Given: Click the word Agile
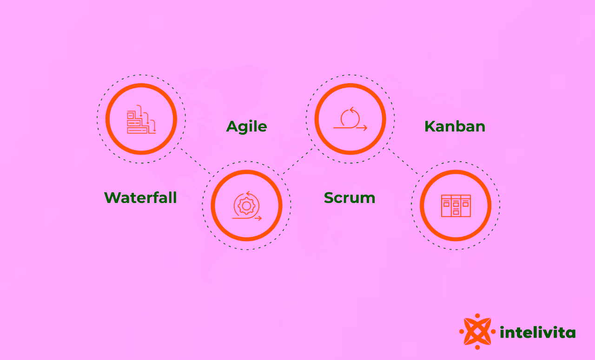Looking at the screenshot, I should coord(246,127).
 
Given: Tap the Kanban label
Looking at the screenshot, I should coord(455,126).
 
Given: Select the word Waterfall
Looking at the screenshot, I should coord(140,198).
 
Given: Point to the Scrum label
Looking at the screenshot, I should coord(350,198).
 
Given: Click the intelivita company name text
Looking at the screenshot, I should coord(537,333).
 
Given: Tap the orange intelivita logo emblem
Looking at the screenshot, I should coord(477,332).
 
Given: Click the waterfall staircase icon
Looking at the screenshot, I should coord(141,119).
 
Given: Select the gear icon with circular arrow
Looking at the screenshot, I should coord(246,205).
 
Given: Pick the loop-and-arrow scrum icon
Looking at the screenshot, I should coord(350,119).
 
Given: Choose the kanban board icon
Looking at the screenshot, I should coord(456,205).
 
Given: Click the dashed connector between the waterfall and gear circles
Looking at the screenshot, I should coord(195,162).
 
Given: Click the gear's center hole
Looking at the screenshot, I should coord(246,205).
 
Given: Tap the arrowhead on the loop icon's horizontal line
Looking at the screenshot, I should coord(365,128).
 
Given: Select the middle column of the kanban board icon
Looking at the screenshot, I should coord(456,205).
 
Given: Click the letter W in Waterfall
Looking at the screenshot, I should coord(112,198).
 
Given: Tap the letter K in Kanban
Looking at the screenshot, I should coord(430,126).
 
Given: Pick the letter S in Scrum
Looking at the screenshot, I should coord(329,198).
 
